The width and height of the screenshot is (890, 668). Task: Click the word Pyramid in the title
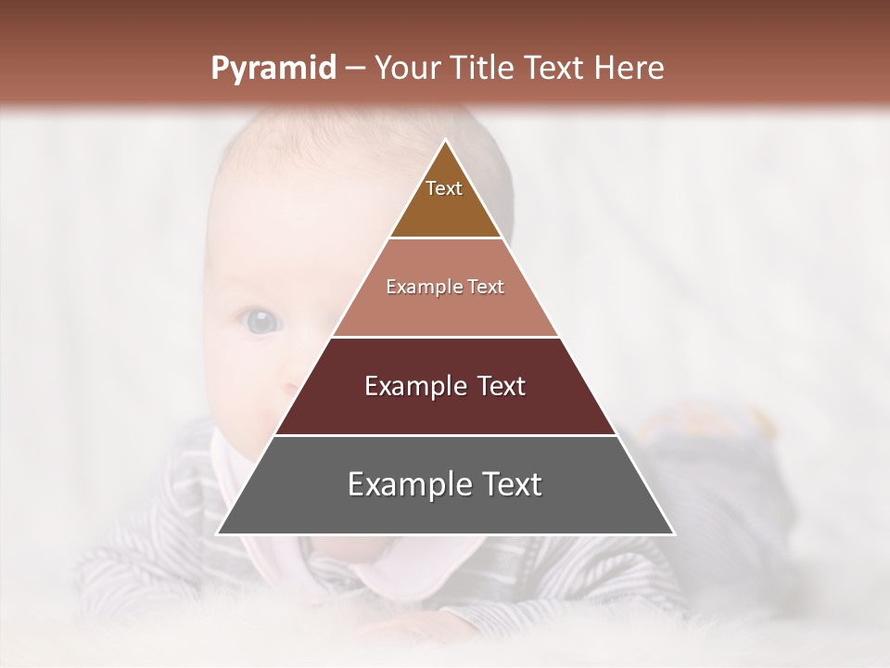(x=273, y=69)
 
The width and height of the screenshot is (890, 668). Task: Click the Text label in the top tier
(x=444, y=188)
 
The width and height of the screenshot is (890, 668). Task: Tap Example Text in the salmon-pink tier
(x=445, y=287)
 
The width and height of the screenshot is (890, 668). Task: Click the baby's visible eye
(x=261, y=322)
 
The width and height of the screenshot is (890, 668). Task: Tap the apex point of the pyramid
(x=446, y=140)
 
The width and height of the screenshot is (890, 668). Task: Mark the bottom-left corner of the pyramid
(x=218, y=533)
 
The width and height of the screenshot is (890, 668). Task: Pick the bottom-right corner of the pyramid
(x=673, y=533)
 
